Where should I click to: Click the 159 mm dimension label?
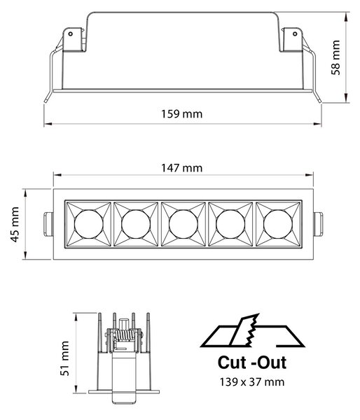[181, 114]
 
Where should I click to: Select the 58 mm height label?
[335, 57]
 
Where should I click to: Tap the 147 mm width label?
[181, 168]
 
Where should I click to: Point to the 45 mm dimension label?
[15, 225]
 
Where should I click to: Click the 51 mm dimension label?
[64, 358]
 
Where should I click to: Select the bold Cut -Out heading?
[252, 363]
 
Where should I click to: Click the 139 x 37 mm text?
[252, 381]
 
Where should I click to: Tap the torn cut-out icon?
[252, 331]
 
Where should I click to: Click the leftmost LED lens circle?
[88, 224]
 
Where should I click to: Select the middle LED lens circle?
[184, 224]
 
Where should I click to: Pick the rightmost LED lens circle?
[278, 224]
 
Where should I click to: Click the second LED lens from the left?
[136, 224]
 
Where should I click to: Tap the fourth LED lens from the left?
[230, 224]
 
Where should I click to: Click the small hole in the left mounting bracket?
[71, 34]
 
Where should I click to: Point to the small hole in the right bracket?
[295, 34]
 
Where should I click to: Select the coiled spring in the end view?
[124, 335]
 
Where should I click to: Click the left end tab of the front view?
[48, 224]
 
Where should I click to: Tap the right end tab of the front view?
[318, 224]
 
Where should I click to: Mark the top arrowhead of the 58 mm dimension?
[347, 16]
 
